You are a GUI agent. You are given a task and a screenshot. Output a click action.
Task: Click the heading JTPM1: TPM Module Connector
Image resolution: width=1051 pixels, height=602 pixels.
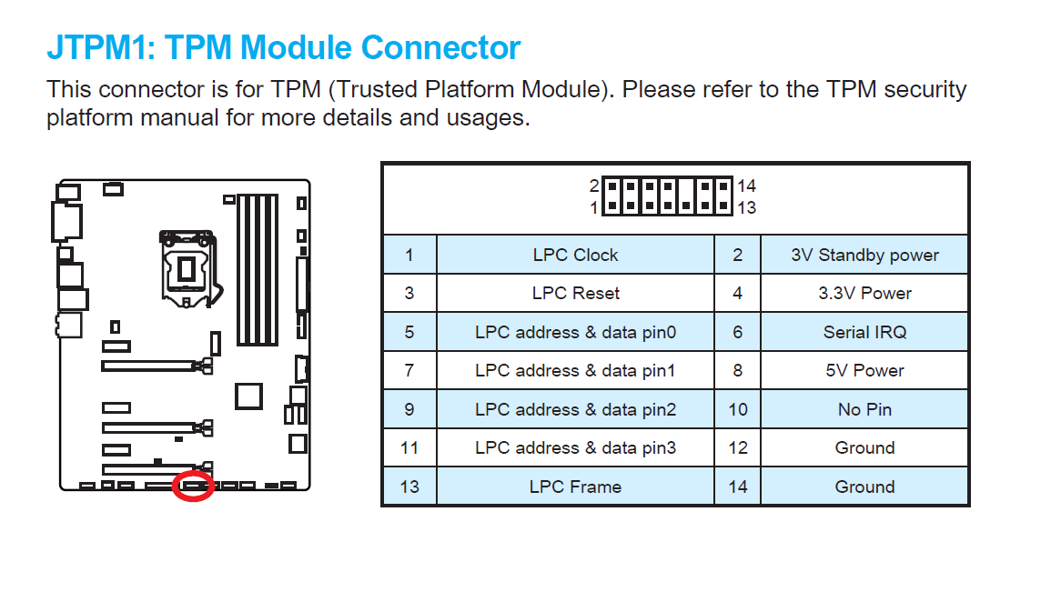click(283, 47)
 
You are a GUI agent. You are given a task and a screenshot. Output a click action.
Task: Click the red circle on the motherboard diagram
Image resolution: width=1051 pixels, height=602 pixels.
click(194, 486)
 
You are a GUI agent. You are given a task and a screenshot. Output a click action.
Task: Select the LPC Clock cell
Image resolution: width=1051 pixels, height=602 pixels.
click(575, 256)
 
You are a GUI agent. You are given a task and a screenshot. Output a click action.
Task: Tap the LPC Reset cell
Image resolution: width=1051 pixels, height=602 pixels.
click(575, 294)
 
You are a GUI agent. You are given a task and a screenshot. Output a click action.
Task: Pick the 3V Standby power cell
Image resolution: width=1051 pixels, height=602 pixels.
click(864, 256)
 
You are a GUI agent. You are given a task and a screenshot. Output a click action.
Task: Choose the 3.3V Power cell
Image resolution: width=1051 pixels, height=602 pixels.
click(864, 294)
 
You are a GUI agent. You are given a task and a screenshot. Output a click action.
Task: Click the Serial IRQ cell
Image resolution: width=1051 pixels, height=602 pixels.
click(864, 332)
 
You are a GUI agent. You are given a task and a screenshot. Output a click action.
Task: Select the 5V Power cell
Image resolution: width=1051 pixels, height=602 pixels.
click(864, 371)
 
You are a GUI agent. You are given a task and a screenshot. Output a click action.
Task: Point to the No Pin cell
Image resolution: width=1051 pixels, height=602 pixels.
click(864, 409)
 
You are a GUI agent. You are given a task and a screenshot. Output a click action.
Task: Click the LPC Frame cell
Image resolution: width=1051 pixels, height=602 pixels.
click(575, 487)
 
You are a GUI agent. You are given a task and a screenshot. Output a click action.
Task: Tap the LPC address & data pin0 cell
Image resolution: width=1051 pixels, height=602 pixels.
click(575, 332)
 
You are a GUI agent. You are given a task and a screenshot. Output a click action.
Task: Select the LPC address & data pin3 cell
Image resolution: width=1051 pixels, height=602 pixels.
click(575, 447)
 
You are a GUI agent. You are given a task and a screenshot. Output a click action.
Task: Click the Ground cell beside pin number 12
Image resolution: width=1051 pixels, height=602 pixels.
click(864, 447)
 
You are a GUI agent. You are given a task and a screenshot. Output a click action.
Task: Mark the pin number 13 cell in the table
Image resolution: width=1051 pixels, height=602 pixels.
click(409, 487)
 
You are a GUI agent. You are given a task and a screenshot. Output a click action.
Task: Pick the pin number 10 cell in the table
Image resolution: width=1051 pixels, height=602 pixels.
click(737, 409)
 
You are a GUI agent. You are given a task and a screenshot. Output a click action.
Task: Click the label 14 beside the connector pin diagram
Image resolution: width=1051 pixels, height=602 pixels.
click(746, 186)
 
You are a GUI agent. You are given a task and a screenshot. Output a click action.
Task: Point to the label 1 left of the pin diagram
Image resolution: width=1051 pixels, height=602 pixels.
click(594, 207)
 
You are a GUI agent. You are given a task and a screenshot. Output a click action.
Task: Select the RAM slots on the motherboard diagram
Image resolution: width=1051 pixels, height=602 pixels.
click(258, 269)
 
